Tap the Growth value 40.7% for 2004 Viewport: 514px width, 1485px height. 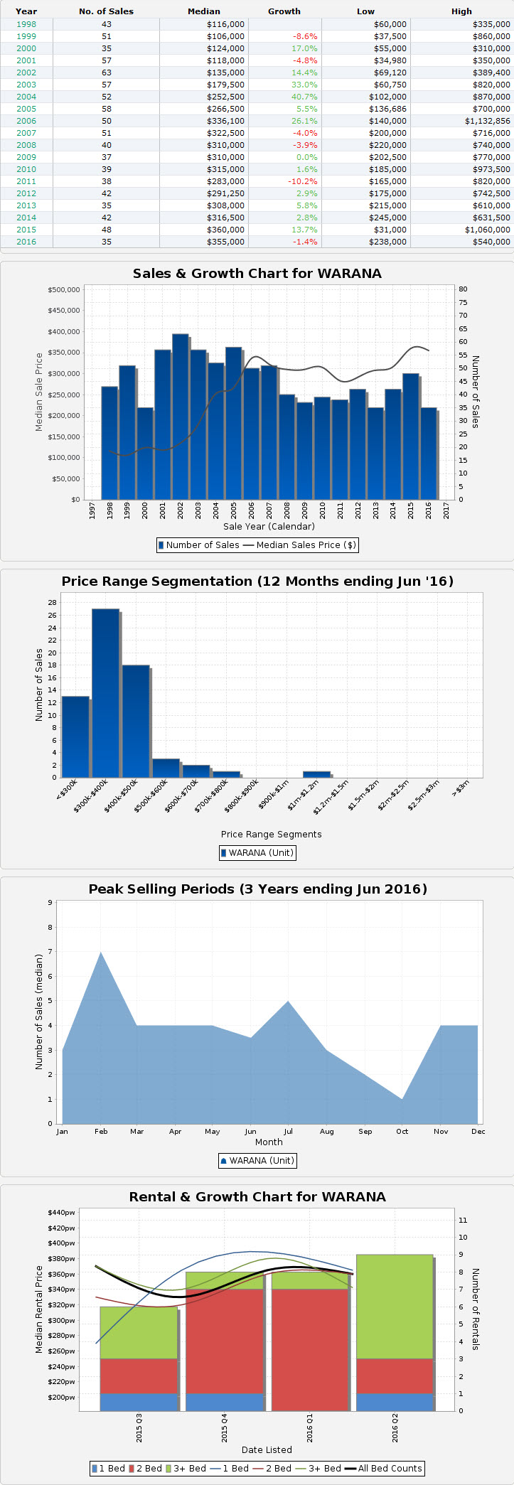point(304,97)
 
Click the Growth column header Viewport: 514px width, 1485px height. point(284,11)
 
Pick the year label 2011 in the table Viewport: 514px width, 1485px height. point(26,181)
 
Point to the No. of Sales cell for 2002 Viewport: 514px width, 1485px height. point(107,73)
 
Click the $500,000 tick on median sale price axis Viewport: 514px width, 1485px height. point(64,290)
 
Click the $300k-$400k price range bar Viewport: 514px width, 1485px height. point(105,693)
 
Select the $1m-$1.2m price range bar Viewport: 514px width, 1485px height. point(316,773)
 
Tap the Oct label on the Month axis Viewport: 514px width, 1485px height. point(402,1131)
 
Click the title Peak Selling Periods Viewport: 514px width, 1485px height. point(257,889)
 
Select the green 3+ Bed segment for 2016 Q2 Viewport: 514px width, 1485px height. point(395,1307)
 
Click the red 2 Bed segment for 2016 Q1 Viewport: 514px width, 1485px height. point(309,1349)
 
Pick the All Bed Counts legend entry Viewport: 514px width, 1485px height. point(390,1468)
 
